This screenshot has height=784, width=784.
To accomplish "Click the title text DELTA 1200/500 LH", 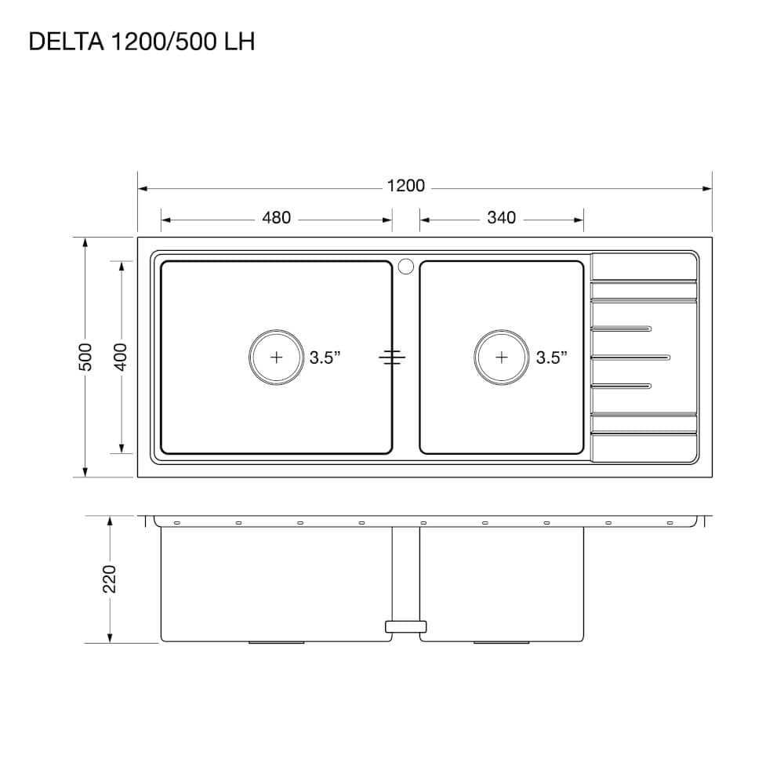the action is pyautogui.click(x=142, y=41).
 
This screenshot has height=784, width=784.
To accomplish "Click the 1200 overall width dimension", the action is pyautogui.click(x=405, y=186).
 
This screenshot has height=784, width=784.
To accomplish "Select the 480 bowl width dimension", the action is pyautogui.click(x=276, y=218).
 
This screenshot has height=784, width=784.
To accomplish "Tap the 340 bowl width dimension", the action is pyautogui.click(x=501, y=218).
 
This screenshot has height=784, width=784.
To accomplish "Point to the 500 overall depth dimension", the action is pyautogui.click(x=86, y=357).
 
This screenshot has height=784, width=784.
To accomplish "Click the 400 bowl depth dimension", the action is pyautogui.click(x=122, y=357).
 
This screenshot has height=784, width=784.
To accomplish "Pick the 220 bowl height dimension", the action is pyautogui.click(x=110, y=579).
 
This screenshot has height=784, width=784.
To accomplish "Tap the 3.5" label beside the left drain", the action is pyautogui.click(x=325, y=358).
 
